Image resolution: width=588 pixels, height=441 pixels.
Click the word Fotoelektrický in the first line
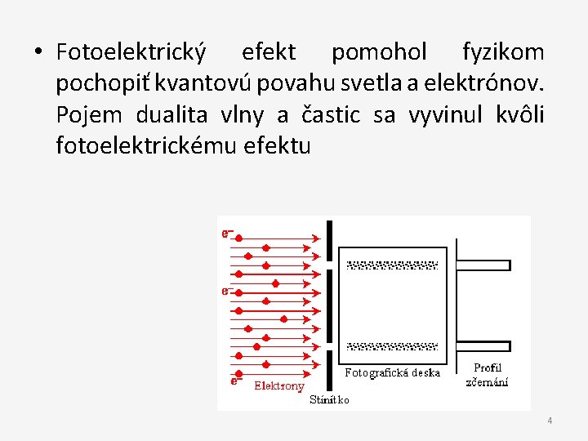(131, 53)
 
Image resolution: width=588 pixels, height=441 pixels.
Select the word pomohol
(379, 53)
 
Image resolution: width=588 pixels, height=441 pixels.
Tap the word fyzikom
(502, 53)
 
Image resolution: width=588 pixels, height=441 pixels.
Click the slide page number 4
(550, 421)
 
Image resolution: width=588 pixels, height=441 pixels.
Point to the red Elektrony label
(279, 385)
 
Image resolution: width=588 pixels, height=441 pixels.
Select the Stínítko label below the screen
(330, 400)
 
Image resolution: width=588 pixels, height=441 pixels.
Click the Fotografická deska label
(393, 373)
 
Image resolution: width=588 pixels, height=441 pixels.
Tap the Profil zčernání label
(488, 375)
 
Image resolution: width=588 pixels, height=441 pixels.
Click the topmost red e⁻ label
(228, 234)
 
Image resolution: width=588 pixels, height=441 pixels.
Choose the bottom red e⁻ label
(236, 379)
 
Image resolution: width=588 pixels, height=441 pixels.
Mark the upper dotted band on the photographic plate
(393, 265)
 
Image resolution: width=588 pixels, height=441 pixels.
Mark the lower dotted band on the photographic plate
(393, 346)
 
